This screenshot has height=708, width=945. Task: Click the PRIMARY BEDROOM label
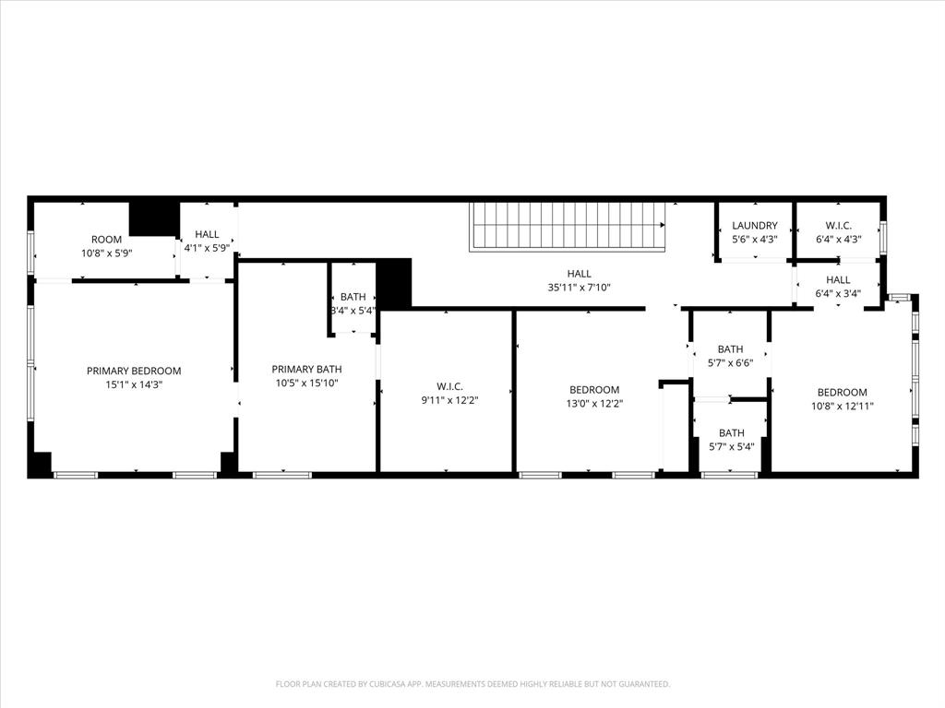[134, 371]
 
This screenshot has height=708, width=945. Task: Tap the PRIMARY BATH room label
[306, 369]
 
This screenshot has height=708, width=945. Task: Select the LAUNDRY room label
[755, 226]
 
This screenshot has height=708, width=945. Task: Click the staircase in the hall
[567, 226]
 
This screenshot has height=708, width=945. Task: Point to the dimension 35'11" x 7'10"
[580, 288]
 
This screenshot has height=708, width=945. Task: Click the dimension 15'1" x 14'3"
[134, 385]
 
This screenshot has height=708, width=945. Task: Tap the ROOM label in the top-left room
[106, 240]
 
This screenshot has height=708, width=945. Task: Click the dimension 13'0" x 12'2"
[594, 404]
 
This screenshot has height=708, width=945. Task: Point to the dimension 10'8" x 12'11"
[842, 406]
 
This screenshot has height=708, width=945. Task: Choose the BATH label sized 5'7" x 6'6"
[730, 349]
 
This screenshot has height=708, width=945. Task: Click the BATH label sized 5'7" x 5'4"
[731, 433]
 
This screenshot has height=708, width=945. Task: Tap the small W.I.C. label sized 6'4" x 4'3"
[838, 226]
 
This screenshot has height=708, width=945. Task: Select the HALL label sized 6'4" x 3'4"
[838, 280]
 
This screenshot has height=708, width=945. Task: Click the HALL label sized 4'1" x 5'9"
[207, 235]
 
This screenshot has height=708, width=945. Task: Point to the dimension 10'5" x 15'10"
[306, 383]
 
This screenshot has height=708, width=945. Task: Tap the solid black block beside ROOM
[153, 218]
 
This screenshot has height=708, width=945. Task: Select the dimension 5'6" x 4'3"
[755, 240]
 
